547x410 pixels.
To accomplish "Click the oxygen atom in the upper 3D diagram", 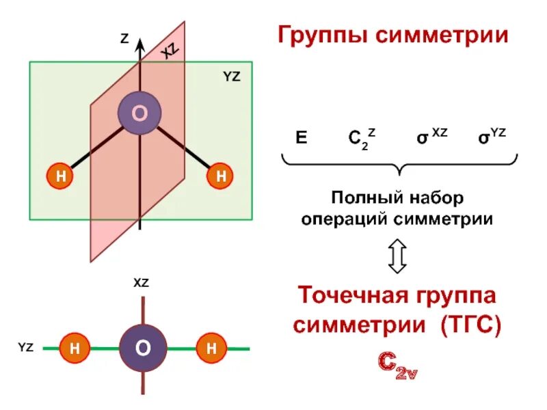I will (139, 113).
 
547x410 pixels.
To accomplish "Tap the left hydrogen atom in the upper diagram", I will (61, 176).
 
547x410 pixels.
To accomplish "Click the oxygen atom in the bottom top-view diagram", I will (142, 348).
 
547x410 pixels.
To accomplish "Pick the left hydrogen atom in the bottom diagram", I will (74, 348).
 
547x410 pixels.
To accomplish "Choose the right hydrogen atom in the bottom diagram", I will (211, 348).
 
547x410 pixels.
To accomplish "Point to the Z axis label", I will (124, 40).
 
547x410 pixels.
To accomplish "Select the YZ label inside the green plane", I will (232, 77).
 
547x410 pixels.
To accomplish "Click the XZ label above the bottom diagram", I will (141, 282).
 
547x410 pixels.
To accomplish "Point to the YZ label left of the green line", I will (25, 348).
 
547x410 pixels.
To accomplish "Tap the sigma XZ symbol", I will (431, 136).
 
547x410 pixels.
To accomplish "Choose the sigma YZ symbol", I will (492, 136).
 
